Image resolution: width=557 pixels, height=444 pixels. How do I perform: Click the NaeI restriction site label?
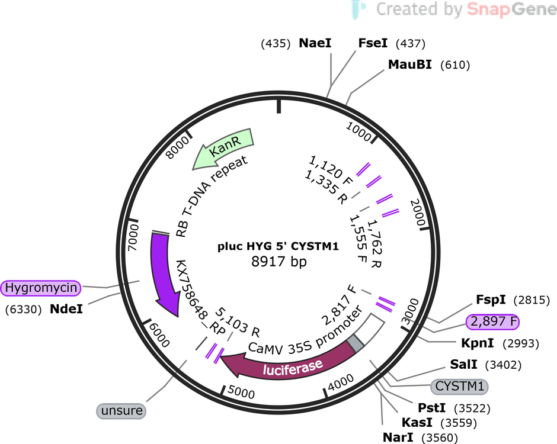(315, 43)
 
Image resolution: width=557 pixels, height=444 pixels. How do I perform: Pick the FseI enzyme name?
(373, 43)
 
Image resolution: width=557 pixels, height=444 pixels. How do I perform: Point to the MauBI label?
(410, 65)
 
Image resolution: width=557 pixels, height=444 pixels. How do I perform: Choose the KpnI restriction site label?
(477, 343)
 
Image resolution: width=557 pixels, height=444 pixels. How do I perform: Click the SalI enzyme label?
(463, 364)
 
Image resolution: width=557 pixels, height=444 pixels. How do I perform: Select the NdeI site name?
(66, 309)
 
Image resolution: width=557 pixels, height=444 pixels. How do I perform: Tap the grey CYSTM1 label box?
(459, 386)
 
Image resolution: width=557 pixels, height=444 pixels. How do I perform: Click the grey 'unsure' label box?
(121, 411)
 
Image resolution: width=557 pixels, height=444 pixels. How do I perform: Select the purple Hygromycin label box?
(41, 288)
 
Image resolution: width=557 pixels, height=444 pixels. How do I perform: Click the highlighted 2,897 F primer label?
(492, 321)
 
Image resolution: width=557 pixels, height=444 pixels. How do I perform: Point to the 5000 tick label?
(241, 392)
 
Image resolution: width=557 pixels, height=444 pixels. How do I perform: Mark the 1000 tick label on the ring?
(358, 131)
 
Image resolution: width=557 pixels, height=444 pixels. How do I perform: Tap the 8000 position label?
(178, 147)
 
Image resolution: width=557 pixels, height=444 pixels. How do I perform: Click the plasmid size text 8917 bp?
(279, 261)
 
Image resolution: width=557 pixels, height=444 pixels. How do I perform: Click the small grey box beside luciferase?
(355, 343)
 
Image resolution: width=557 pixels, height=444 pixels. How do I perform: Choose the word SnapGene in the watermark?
(511, 9)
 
